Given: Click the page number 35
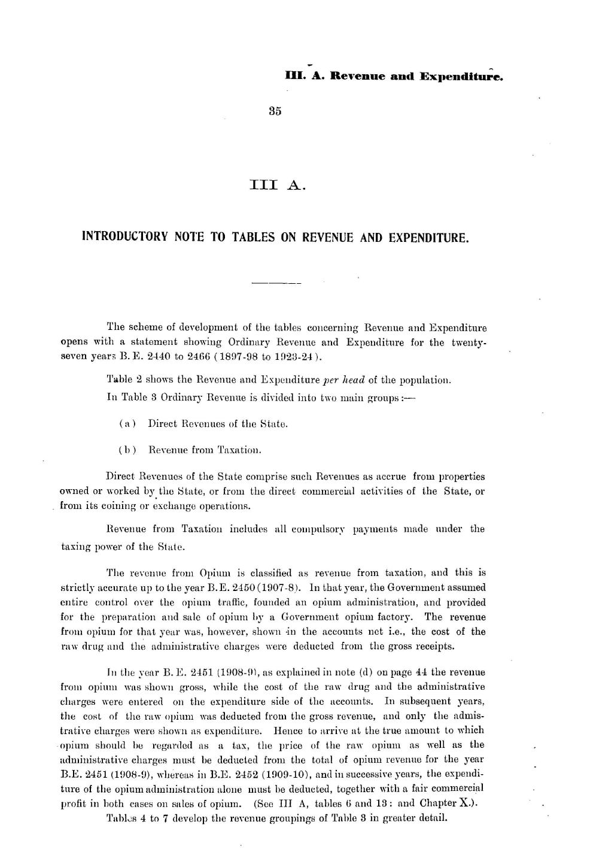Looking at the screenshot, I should tap(275, 111).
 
